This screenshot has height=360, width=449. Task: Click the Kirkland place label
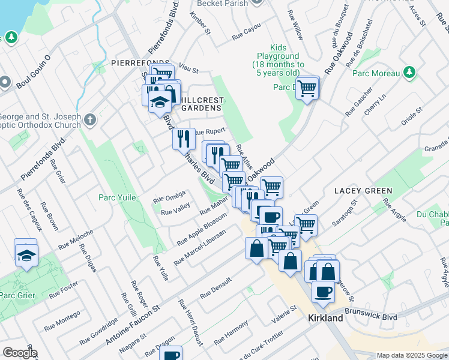(326, 317)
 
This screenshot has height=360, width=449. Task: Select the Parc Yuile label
(118, 197)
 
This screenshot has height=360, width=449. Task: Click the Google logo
(20, 353)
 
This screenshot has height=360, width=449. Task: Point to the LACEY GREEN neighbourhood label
(363, 191)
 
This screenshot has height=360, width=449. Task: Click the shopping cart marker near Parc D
(307, 88)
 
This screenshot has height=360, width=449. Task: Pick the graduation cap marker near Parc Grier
(26, 255)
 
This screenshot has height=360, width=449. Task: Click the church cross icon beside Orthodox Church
(90, 119)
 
